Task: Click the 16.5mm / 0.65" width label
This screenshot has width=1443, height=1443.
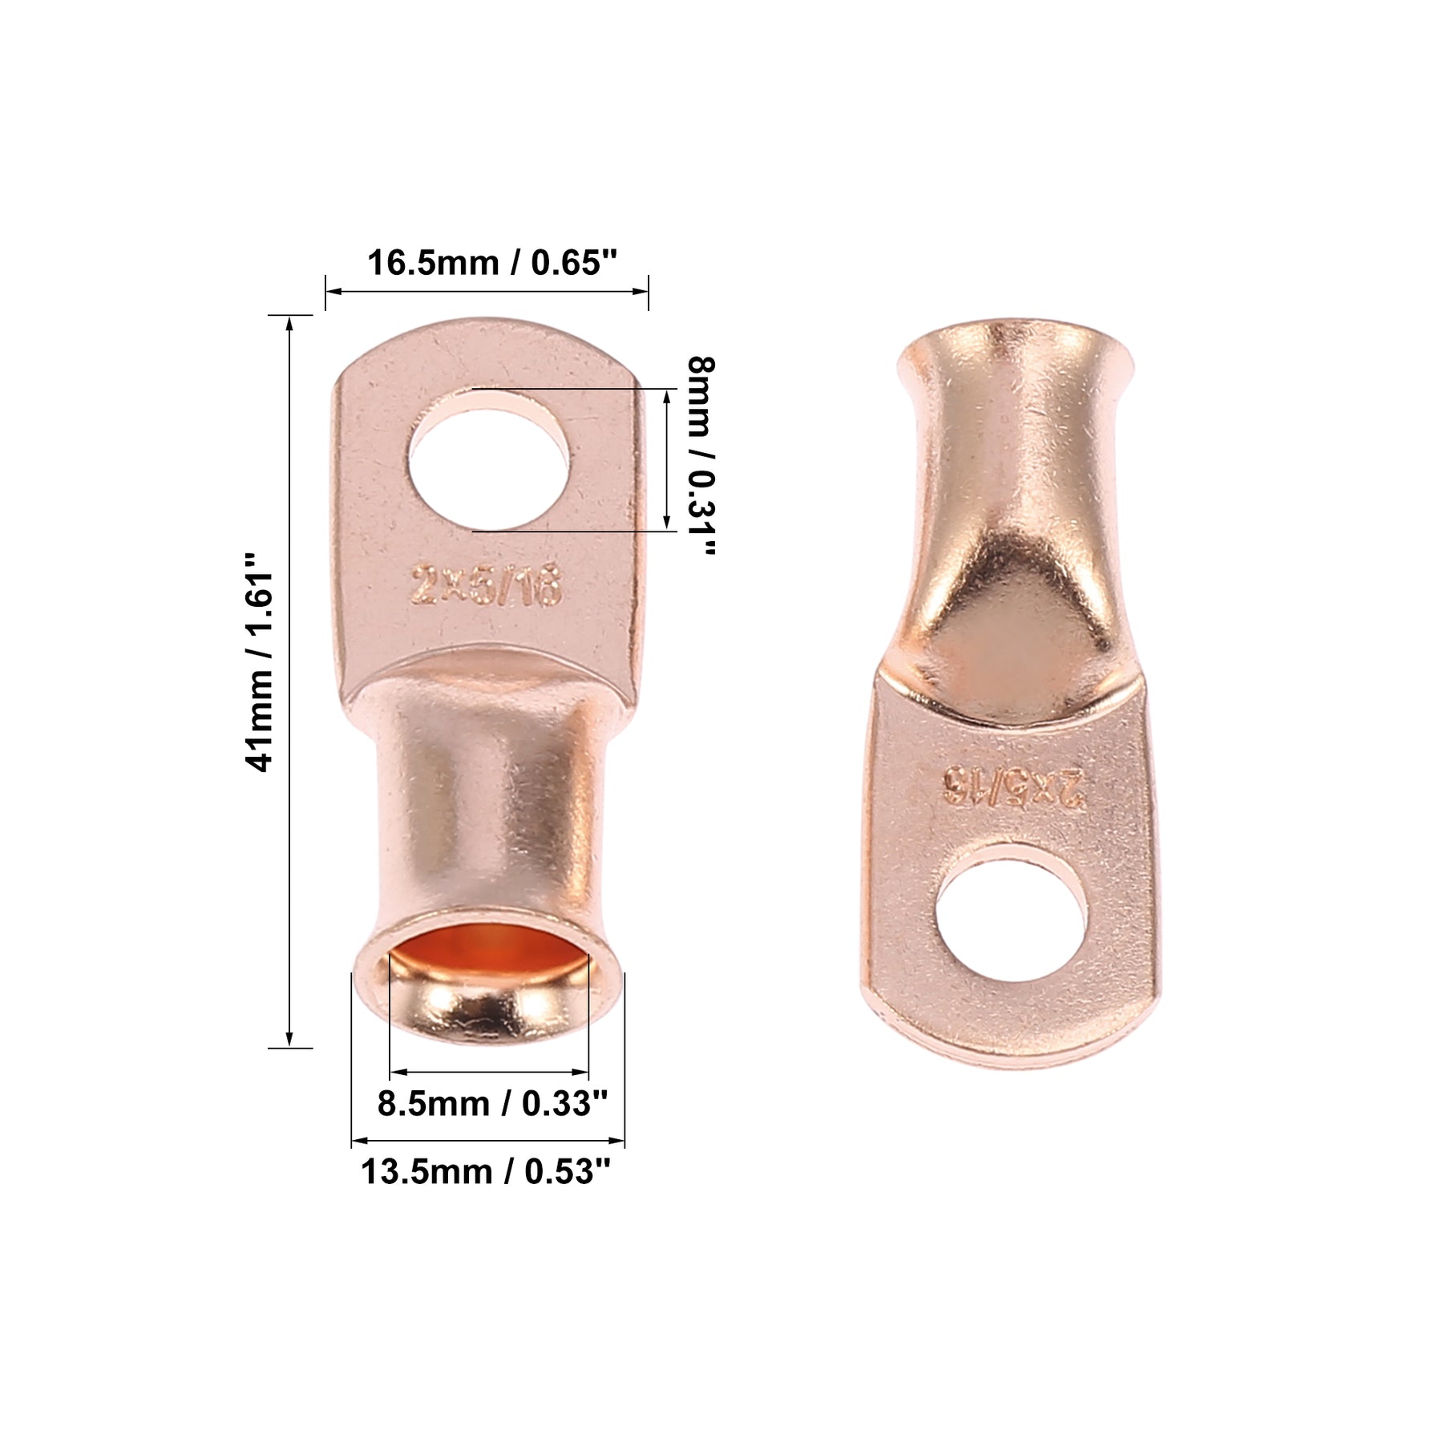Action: pyautogui.click(x=492, y=262)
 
